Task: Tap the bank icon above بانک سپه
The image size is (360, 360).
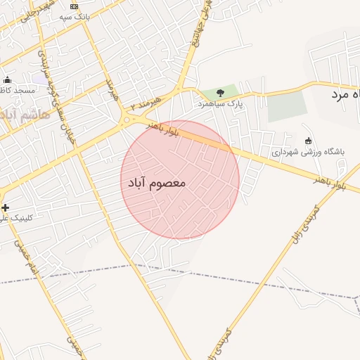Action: click(74, 6)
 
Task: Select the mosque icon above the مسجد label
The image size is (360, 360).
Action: click(7, 79)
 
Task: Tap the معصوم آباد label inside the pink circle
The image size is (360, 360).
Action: click(157, 183)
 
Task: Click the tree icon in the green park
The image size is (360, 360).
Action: click(221, 92)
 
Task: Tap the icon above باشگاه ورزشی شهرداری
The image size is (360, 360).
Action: click(308, 140)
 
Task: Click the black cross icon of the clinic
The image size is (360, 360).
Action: click(6, 207)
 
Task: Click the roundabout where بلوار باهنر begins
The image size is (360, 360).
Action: click(127, 120)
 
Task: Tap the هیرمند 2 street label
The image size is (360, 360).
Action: click(146, 104)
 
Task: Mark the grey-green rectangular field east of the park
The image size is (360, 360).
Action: click(288, 107)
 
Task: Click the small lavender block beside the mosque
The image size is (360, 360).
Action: click(40, 79)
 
